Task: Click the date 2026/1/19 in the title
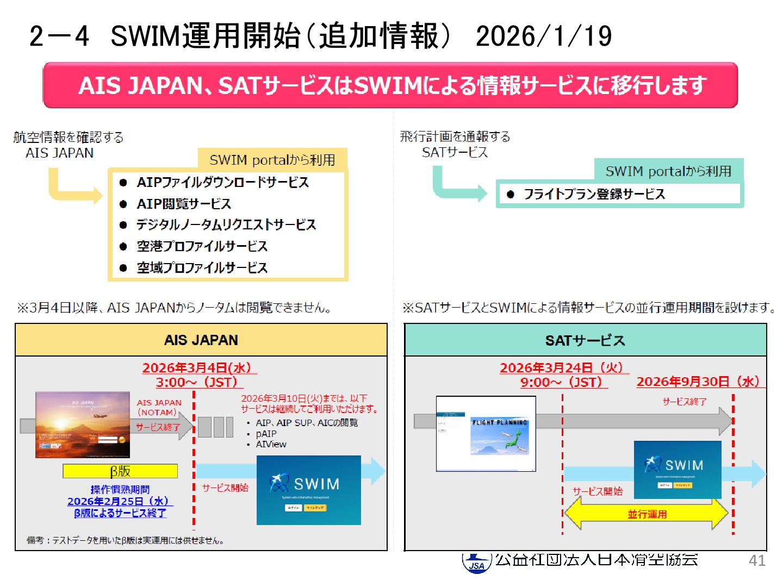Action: (x=543, y=36)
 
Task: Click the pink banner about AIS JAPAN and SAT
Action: (x=390, y=85)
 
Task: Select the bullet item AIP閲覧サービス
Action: (x=184, y=204)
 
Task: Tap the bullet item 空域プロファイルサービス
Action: (x=202, y=267)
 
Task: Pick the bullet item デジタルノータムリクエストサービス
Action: (x=226, y=224)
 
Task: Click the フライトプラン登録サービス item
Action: (x=594, y=194)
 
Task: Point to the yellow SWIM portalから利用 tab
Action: (x=272, y=160)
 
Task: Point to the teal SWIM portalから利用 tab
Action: (x=668, y=171)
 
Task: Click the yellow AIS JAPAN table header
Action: (x=201, y=340)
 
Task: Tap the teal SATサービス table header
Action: (x=585, y=341)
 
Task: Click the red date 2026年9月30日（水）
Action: (x=698, y=382)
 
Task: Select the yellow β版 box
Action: (x=120, y=471)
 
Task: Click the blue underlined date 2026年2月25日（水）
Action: (x=118, y=501)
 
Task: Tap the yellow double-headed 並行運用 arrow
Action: (x=647, y=514)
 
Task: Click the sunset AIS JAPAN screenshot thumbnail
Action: (x=83, y=424)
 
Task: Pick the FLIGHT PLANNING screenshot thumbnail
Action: (x=486, y=433)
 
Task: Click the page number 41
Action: (x=757, y=560)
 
